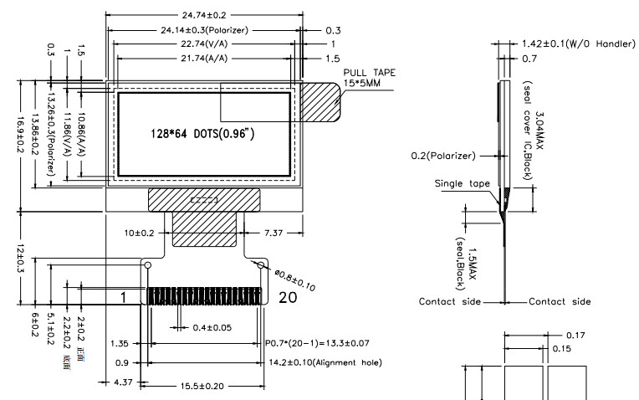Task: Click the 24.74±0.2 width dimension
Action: [205, 15]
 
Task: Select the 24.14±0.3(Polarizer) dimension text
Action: [205, 29]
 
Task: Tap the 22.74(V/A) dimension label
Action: [206, 44]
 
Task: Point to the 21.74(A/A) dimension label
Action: [206, 58]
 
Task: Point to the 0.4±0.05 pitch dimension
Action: [209, 326]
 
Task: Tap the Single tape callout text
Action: [463, 182]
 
